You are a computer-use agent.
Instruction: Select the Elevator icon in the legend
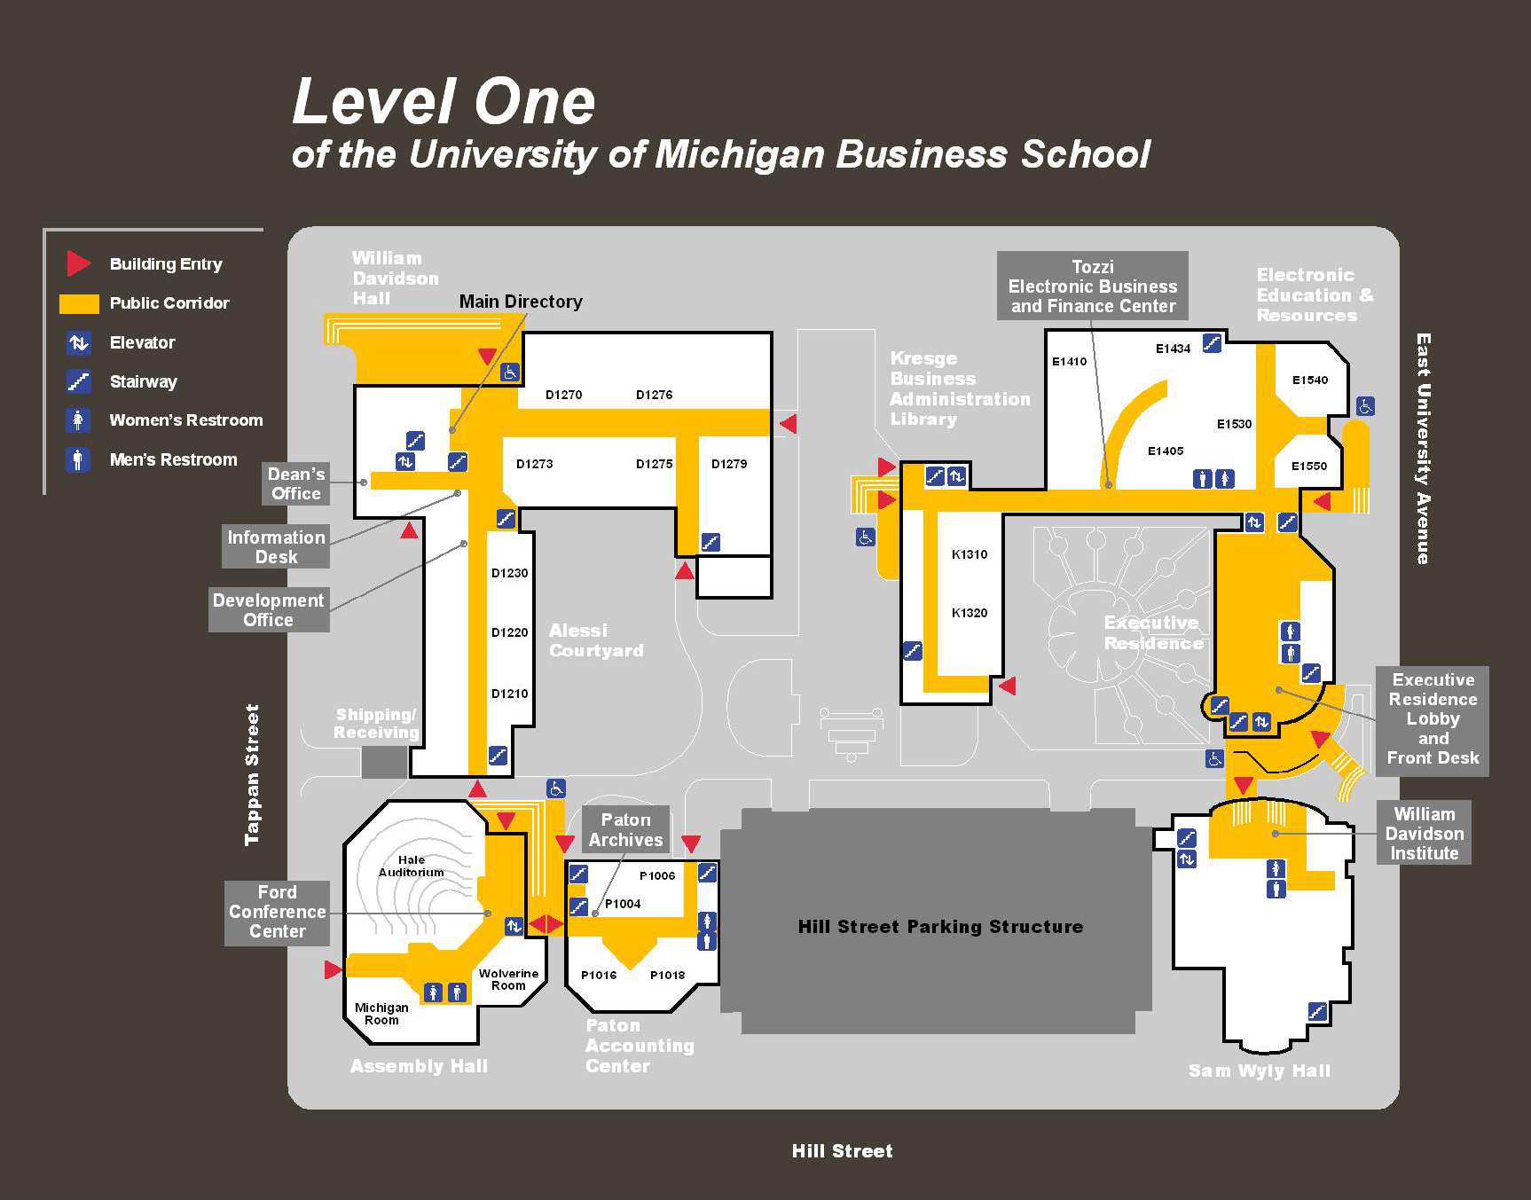tap(79, 342)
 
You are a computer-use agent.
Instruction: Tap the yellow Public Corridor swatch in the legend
tap(79, 303)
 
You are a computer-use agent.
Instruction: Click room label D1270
tap(563, 395)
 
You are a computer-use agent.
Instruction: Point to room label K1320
tap(970, 613)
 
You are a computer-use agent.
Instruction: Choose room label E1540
tap(1310, 380)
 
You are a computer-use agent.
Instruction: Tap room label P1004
tap(623, 904)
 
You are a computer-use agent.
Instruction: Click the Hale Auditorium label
tap(411, 866)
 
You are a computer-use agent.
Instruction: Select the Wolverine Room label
tap(508, 979)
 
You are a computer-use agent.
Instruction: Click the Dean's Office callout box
tap(296, 483)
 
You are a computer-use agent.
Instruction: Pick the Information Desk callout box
tap(276, 546)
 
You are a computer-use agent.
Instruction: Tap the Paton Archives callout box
tap(625, 829)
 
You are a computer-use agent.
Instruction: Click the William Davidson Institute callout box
tap(1424, 833)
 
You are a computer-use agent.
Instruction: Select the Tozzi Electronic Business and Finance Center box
tap(1092, 286)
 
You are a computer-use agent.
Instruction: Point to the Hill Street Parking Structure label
tap(940, 927)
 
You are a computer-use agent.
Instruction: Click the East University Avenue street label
tap(1423, 449)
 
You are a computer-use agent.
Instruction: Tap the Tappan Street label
tap(253, 774)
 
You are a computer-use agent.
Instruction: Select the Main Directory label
tap(521, 302)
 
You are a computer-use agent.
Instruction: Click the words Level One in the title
tap(444, 101)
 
